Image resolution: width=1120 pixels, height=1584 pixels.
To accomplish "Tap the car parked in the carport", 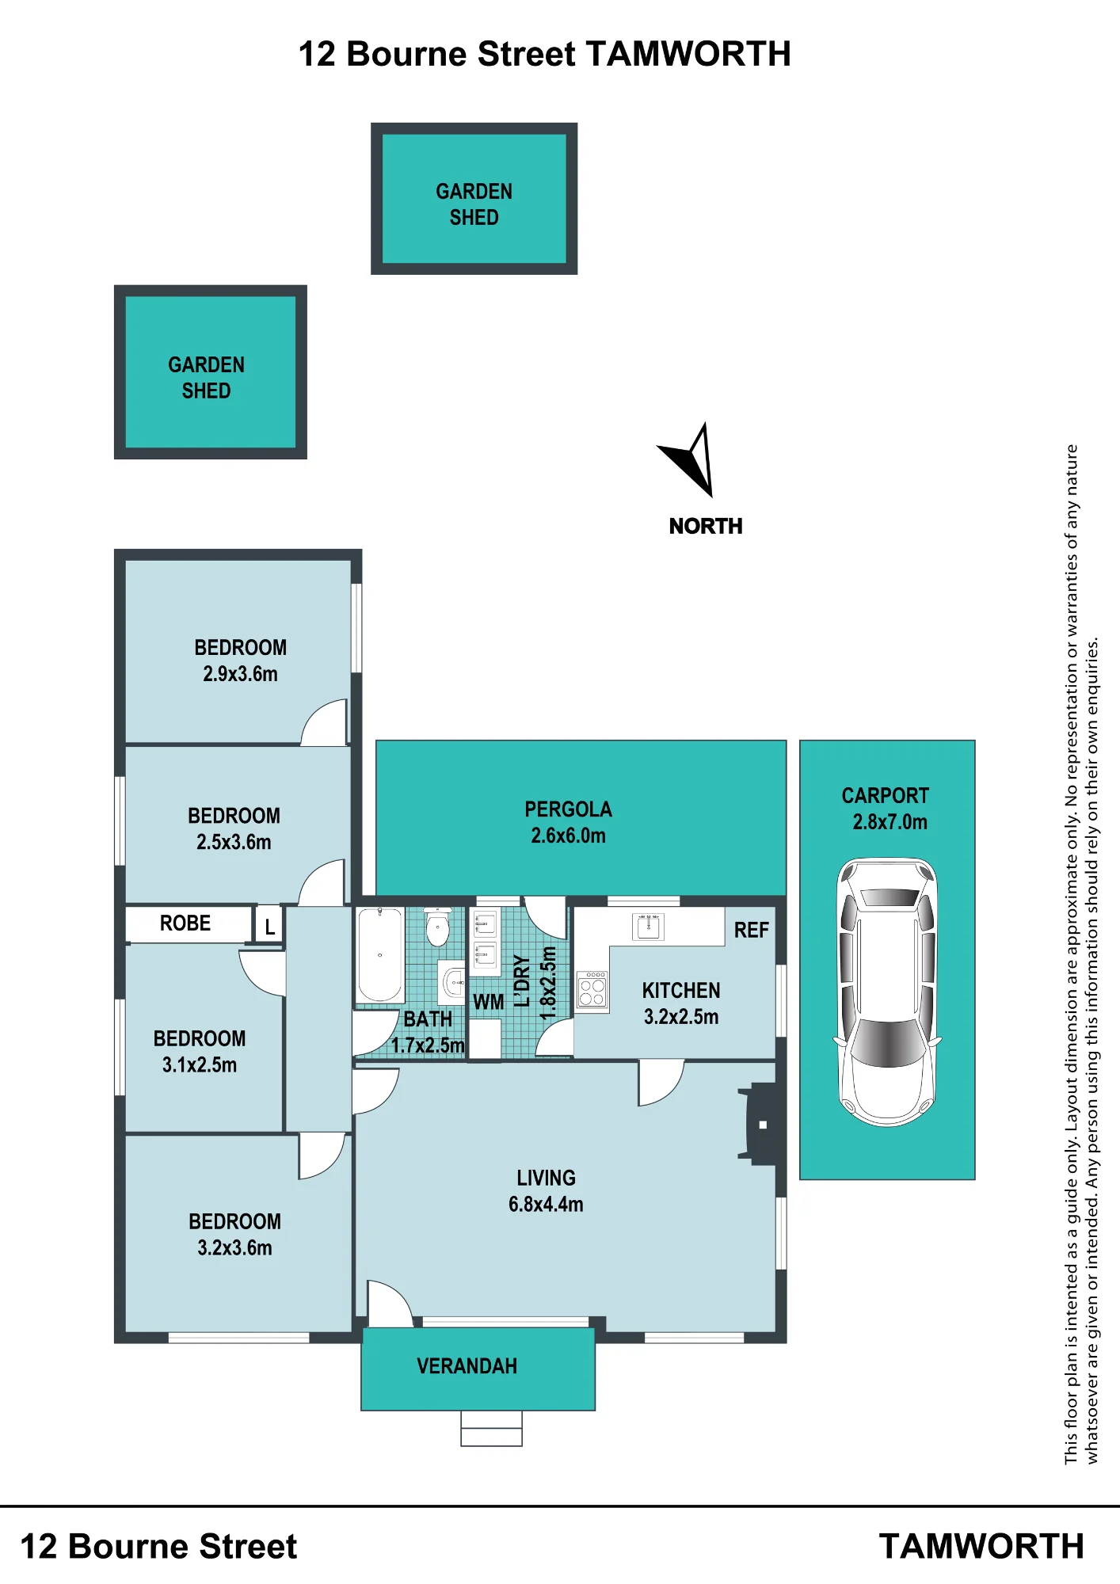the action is click(887, 992).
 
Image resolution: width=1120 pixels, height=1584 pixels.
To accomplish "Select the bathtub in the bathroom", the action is click(380, 955).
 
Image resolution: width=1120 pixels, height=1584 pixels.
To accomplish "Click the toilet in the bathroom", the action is click(437, 927).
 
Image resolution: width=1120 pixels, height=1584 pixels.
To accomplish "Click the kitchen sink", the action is click(648, 926).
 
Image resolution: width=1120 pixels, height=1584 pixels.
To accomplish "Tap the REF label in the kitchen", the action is click(751, 930).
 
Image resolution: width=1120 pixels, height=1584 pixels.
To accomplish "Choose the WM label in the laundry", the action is click(488, 1002).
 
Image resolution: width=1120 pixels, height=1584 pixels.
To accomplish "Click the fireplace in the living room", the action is click(760, 1124).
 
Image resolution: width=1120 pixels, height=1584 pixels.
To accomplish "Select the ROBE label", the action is click(185, 923).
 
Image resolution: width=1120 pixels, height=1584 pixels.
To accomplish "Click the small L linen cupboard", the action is click(269, 925).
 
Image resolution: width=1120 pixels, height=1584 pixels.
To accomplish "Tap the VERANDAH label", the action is click(467, 1366).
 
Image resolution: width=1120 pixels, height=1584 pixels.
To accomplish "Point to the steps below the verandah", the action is click(491, 1429).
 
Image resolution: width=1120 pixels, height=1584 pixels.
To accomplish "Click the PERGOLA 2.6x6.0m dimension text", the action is click(568, 836).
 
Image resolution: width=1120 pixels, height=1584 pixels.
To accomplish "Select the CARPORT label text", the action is click(885, 796).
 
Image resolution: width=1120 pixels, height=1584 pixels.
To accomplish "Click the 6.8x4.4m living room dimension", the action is click(546, 1205).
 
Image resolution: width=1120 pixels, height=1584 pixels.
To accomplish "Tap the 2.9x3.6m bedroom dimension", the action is click(240, 674).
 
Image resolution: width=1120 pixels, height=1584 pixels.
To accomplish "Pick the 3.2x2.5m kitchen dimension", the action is click(681, 1017).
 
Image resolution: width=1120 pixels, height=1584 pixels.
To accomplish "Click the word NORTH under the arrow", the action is click(706, 526).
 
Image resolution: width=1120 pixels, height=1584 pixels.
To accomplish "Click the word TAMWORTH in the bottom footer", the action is click(981, 1547).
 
